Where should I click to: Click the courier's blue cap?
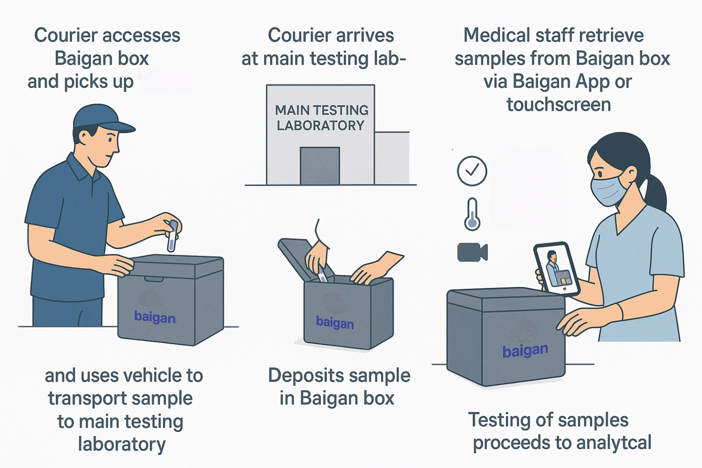tap(101, 118)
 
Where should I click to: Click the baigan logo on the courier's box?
tap(155, 317)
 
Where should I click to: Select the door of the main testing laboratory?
tap(319, 166)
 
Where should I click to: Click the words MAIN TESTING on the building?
tap(322, 110)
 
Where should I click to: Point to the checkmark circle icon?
tap(472, 171)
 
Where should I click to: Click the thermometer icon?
tap(472, 214)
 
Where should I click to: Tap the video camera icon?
tap(472, 252)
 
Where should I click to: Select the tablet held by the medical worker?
tap(557, 269)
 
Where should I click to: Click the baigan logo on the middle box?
tap(335, 323)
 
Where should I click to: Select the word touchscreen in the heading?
tap(559, 105)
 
